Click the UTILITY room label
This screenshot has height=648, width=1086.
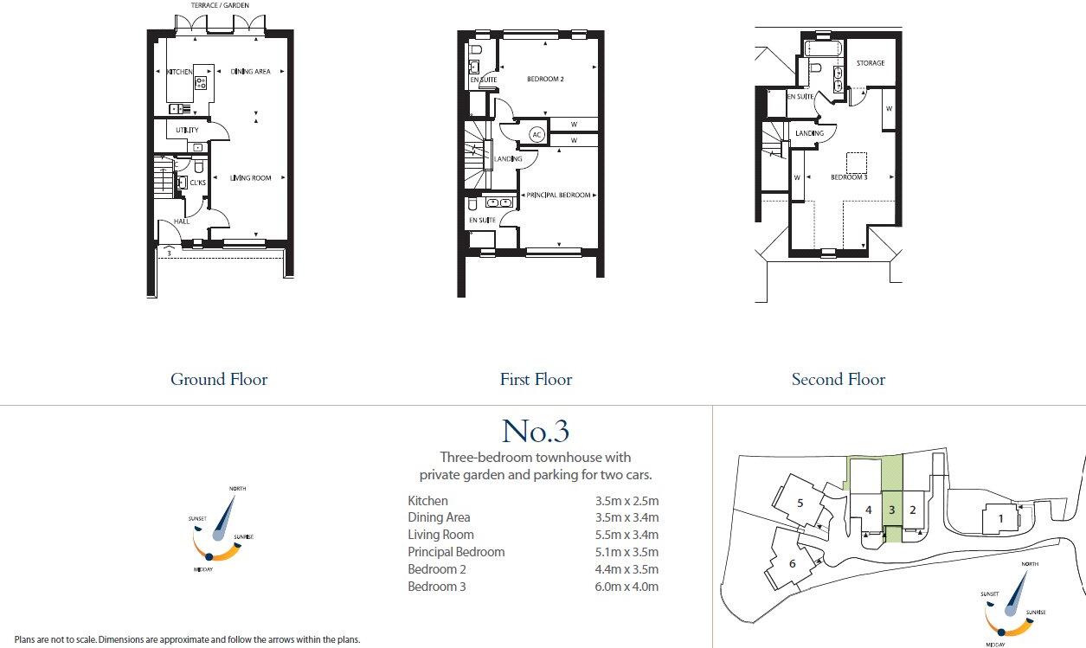pos(187,131)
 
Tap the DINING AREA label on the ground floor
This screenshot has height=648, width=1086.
pos(251,72)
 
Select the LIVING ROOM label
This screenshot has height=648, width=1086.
pos(250,178)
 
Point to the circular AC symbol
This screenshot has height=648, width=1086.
pos(537,135)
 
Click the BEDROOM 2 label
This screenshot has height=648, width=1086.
pos(545,80)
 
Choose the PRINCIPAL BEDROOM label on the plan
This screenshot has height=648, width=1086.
pos(559,196)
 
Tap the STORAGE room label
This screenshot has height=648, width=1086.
pos(871,63)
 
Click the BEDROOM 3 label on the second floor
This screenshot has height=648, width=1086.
pos(848,177)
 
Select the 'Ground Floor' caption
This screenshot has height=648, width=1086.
pos(219,379)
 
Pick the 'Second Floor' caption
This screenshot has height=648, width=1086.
pos(838,379)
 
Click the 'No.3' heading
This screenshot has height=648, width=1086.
pos(536,430)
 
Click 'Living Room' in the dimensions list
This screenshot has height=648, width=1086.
pos(440,535)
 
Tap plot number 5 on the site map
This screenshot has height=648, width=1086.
pos(800,503)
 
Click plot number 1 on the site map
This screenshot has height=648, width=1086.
pos(1001,518)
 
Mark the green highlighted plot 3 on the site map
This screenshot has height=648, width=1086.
pos(891,510)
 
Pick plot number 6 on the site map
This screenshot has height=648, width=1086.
pos(792,563)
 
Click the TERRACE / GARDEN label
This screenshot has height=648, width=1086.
pos(220,5)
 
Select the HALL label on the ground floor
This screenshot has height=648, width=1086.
pos(182,221)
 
